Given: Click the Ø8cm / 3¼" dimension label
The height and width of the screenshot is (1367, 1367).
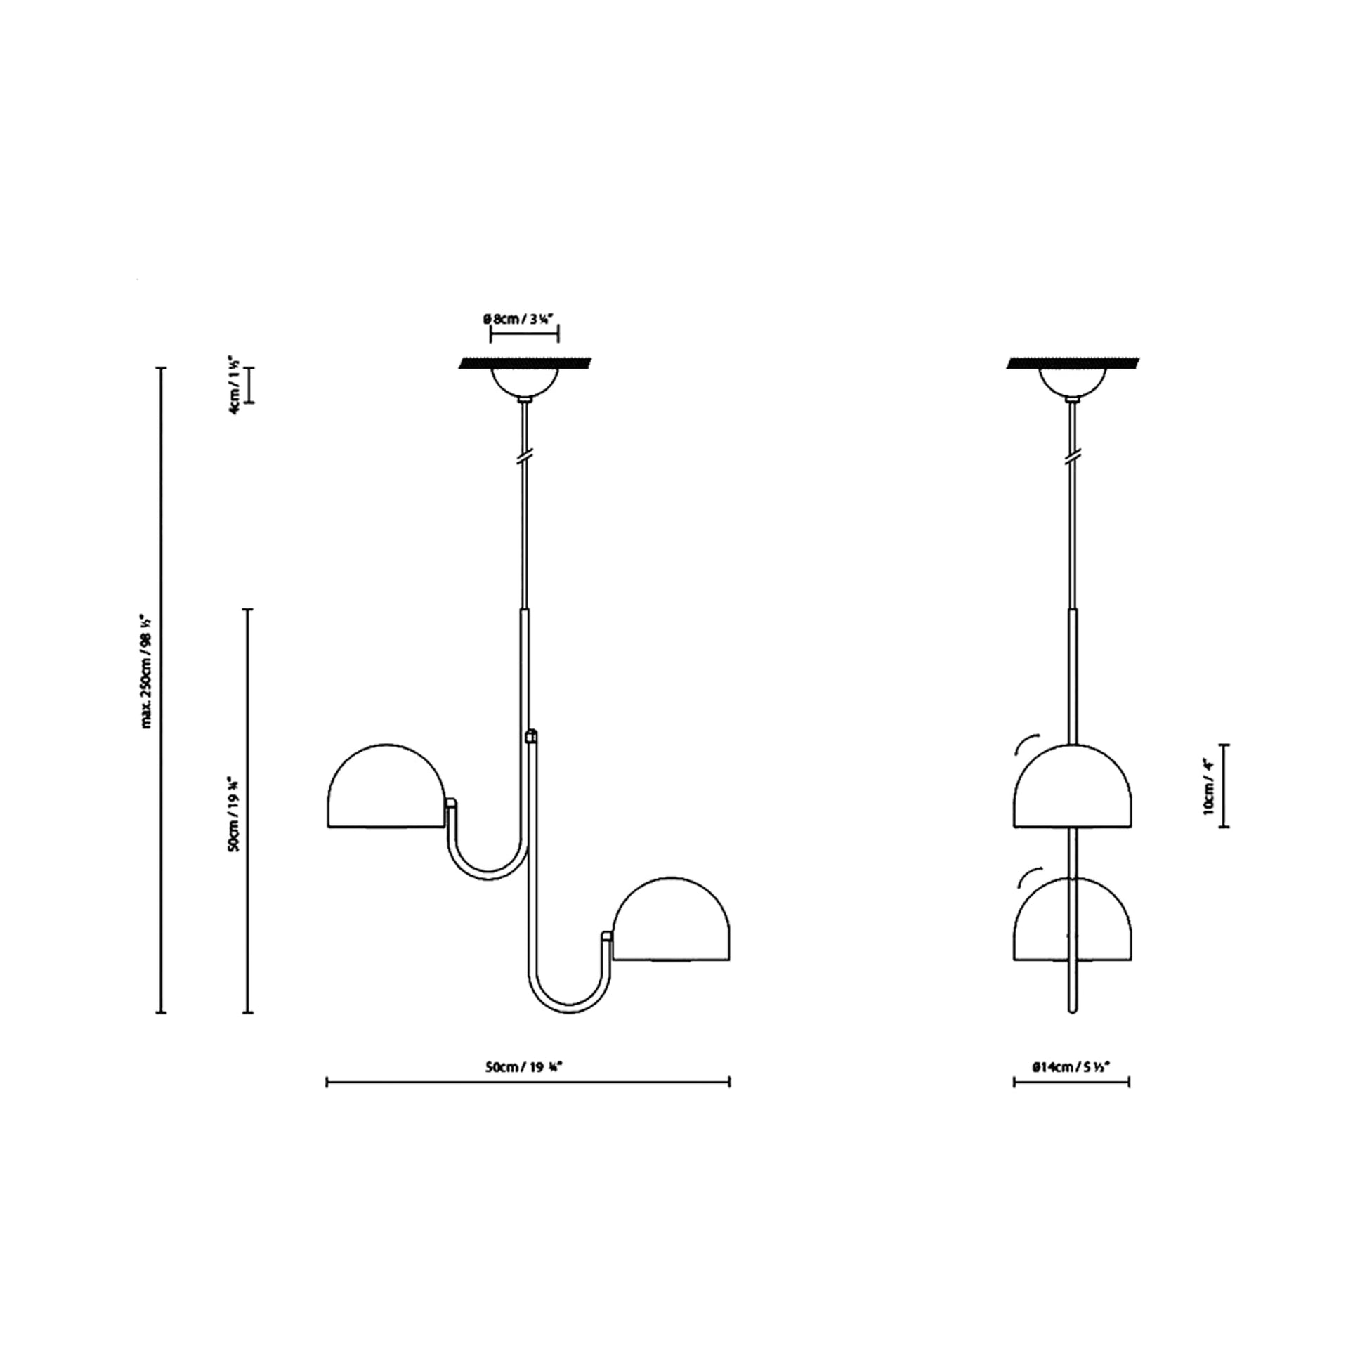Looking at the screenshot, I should point(523,319).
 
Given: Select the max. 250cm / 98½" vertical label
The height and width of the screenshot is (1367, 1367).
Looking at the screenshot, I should point(148,672).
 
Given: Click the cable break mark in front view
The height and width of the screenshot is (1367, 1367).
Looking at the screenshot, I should point(524,458).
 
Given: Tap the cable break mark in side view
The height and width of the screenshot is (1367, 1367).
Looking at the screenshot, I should point(1072,458).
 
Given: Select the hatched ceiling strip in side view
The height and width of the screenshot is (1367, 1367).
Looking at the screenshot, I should point(1072,364).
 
